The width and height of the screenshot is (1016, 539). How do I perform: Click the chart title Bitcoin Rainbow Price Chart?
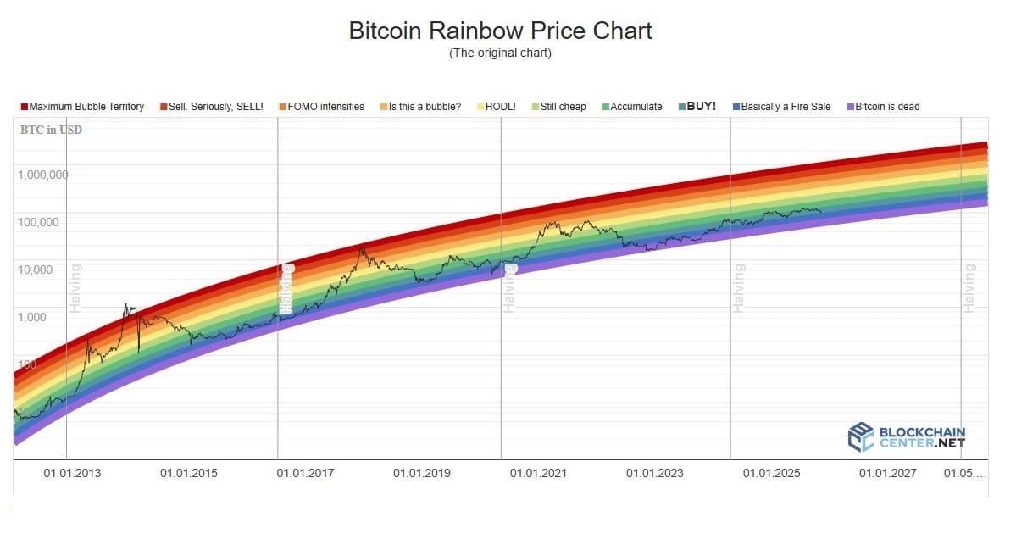point(501,31)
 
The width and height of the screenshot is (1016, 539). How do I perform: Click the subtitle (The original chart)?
point(501,53)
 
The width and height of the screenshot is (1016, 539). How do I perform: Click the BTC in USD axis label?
point(51,131)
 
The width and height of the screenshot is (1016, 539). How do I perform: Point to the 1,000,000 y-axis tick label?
point(42,175)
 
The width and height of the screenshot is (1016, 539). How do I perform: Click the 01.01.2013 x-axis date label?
point(72,473)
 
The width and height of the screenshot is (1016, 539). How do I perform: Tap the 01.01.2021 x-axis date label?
point(538,473)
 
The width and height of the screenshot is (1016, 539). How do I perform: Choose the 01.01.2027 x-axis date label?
point(887,473)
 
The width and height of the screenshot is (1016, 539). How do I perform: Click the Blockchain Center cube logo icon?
point(861,436)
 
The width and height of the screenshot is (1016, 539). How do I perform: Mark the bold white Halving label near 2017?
point(287,288)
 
